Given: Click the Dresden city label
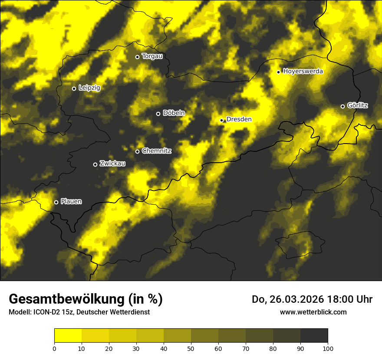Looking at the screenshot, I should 239,119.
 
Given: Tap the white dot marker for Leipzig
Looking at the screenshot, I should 74,88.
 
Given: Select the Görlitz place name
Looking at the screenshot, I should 358,105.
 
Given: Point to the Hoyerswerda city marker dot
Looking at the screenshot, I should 279,72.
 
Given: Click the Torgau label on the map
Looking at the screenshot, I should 152,56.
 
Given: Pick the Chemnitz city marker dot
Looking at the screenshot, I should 138,151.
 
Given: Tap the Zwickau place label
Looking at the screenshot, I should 112,164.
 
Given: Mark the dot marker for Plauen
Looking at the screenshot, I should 56,202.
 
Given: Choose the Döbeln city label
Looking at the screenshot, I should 174,113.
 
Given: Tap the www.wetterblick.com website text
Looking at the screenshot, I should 313,312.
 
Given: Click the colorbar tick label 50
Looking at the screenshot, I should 191,348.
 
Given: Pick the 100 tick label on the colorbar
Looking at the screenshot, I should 328,348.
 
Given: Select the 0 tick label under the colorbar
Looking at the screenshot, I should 54,348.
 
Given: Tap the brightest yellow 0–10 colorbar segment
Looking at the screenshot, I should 68,336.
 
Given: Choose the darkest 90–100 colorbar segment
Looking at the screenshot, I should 314,336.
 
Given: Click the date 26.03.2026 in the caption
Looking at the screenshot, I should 296,299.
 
